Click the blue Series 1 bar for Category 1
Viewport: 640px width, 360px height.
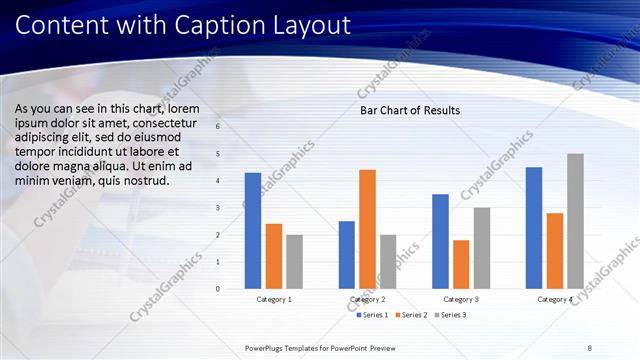252,231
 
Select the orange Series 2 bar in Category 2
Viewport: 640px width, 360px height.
367,229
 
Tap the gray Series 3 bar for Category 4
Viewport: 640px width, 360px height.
575,221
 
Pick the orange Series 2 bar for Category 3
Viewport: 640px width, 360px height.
461,264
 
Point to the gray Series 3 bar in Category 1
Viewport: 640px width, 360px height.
294,262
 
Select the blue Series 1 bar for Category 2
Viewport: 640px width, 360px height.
346,255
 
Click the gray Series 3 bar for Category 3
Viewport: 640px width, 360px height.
482,248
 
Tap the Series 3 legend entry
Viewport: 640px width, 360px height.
451,315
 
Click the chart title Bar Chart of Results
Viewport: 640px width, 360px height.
410,110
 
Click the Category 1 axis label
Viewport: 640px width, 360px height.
274,299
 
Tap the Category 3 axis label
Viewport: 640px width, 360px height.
461,299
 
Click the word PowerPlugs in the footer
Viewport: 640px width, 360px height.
268,347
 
